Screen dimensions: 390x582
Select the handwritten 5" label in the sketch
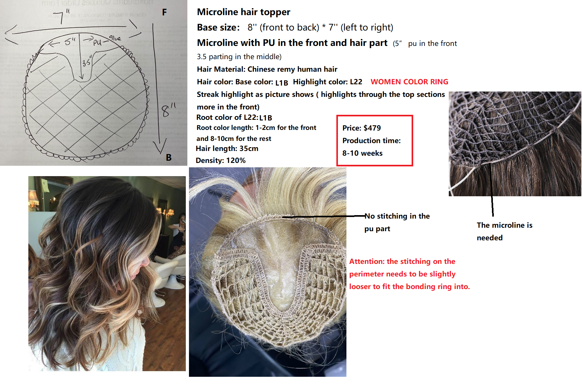(x=70, y=42)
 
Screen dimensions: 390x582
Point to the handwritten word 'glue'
(x=115, y=38)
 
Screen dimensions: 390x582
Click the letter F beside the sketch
(x=164, y=12)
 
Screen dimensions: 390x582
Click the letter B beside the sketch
(x=168, y=158)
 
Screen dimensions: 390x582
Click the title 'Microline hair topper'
(x=243, y=12)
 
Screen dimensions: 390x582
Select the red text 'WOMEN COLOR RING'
(x=409, y=82)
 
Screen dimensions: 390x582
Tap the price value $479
(x=372, y=128)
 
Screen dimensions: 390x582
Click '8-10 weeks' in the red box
(x=362, y=153)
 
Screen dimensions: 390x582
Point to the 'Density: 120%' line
(x=220, y=160)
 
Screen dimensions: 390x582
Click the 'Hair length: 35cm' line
(x=227, y=148)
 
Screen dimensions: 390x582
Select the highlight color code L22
(x=356, y=82)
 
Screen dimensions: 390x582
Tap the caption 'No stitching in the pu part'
(x=397, y=222)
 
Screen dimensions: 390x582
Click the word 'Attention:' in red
(x=367, y=261)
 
